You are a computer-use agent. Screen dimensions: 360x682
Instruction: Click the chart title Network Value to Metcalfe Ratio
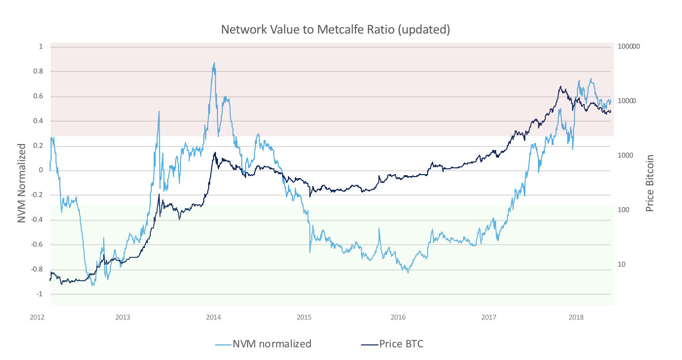(336, 30)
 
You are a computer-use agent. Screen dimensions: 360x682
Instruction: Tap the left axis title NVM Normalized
(21, 183)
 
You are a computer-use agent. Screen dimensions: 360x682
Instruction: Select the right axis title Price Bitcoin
(649, 183)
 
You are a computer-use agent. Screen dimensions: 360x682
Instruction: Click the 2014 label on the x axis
(214, 317)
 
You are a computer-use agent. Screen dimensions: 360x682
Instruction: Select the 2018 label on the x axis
(576, 317)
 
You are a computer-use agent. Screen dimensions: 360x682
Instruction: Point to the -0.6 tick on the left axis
(36, 245)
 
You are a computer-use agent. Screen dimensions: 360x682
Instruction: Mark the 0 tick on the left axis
(41, 170)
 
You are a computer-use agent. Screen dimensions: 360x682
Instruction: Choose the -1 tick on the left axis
(39, 294)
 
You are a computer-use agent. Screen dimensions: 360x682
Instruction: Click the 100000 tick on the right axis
(628, 47)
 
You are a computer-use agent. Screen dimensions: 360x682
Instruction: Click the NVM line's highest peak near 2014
(214, 63)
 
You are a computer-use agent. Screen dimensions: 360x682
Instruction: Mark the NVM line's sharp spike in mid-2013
(159, 111)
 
